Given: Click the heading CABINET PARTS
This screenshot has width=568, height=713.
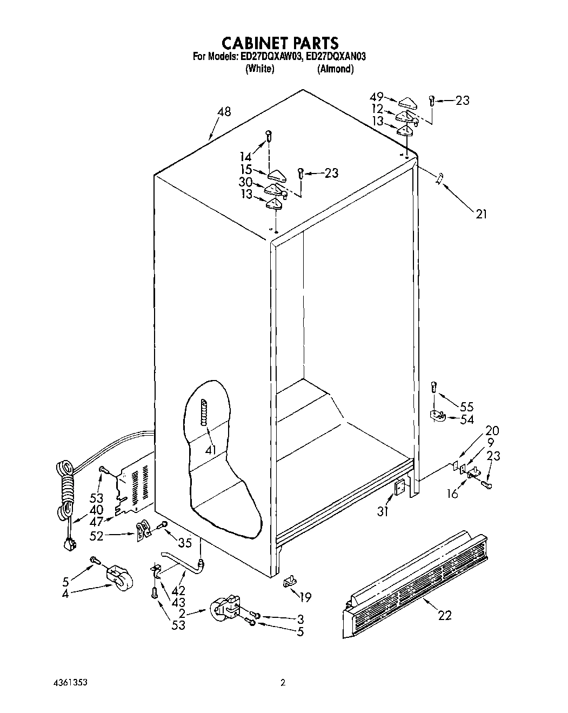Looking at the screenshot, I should [281, 43].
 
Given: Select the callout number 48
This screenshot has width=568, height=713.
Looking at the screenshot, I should [224, 112].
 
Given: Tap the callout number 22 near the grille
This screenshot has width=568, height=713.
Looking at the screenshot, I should [445, 615].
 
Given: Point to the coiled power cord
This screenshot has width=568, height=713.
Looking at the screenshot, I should [65, 487].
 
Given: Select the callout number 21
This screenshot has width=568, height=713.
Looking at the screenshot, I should [481, 215].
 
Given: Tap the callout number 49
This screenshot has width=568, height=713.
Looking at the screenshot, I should [377, 97].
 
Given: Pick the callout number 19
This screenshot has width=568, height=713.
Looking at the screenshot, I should [305, 597].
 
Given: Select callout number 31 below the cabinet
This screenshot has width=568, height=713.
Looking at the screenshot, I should [383, 511].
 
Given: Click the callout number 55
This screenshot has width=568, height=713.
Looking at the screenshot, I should [466, 407].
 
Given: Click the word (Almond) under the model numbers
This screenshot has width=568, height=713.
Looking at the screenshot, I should [335, 69].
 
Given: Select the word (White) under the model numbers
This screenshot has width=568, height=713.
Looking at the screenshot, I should [260, 69].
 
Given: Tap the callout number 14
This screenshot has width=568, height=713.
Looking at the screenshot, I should [246, 157].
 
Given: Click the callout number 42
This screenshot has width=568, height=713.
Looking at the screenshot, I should [178, 591].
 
